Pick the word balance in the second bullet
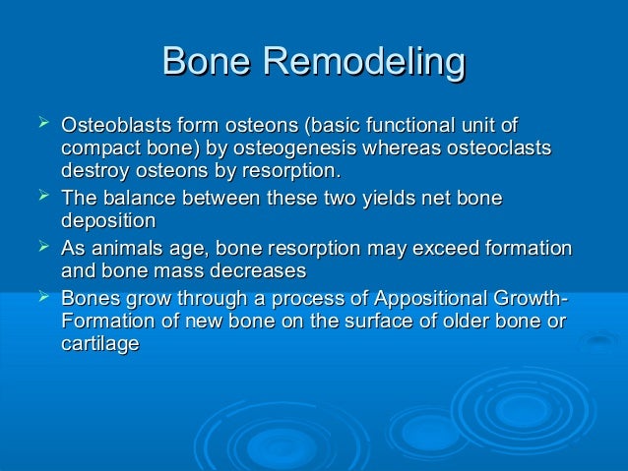click(137, 200)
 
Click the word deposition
click(108, 221)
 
